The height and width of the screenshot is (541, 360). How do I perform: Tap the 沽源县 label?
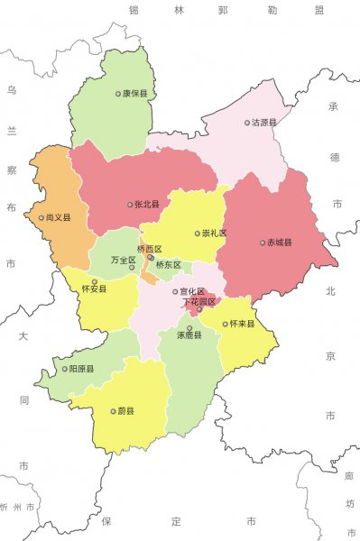click(x=264, y=123)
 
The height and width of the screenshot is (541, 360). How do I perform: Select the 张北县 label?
click(x=146, y=205)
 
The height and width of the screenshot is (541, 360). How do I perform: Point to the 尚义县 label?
click(x=58, y=217)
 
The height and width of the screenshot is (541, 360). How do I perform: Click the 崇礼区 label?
click(x=214, y=233)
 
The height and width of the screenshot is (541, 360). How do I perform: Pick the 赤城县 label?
click(x=278, y=242)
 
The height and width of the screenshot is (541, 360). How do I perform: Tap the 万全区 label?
click(x=122, y=260)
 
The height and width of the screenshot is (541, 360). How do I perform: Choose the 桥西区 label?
click(x=150, y=249)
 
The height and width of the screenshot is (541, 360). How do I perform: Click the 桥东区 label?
click(x=169, y=265)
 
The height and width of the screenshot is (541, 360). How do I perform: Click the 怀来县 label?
click(x=243, y=323)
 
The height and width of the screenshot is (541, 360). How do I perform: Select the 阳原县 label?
click(x=82, y=369)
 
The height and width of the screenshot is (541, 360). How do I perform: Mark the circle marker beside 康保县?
click(x=117, y=93)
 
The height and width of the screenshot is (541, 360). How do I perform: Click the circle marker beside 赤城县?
click(x=262, y=242)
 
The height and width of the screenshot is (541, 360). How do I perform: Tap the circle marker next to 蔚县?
click(x=113, y=411)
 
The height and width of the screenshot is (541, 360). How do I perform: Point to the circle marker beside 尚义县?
click(x=41, y=217)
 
